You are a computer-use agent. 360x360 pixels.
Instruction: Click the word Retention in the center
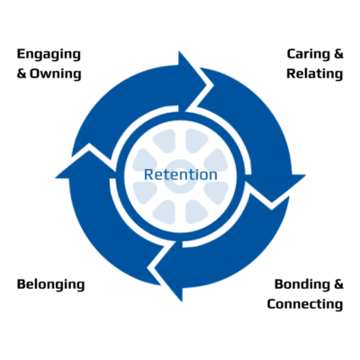click(x=181, y=175)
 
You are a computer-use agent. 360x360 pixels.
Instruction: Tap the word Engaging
click(x=49, y=55)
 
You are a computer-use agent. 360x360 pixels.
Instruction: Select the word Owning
click(x=56, y=74)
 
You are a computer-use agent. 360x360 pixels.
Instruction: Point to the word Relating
click(x=314, y=74)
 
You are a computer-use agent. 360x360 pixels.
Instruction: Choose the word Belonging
click(x=50, y=285)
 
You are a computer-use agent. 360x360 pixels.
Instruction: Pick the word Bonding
click(x=300, y=285)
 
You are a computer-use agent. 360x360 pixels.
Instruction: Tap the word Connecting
click(x=305, y=304)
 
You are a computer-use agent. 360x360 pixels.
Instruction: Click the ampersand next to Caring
click(x=338, y=54)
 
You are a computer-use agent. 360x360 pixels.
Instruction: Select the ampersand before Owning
click(x=22, y=74)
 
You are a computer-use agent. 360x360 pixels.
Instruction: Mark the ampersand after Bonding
click(x=338, y=284)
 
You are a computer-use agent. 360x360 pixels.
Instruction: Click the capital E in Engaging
click(x=21, y=54)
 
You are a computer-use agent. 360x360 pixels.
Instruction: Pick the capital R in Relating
click(x=292, y=74)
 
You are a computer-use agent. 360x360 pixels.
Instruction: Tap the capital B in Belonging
click(x=22, y=284)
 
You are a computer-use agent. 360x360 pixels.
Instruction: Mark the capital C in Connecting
click(x=272, y=304)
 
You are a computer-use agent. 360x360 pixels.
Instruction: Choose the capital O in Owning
click(x=34, y=74)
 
